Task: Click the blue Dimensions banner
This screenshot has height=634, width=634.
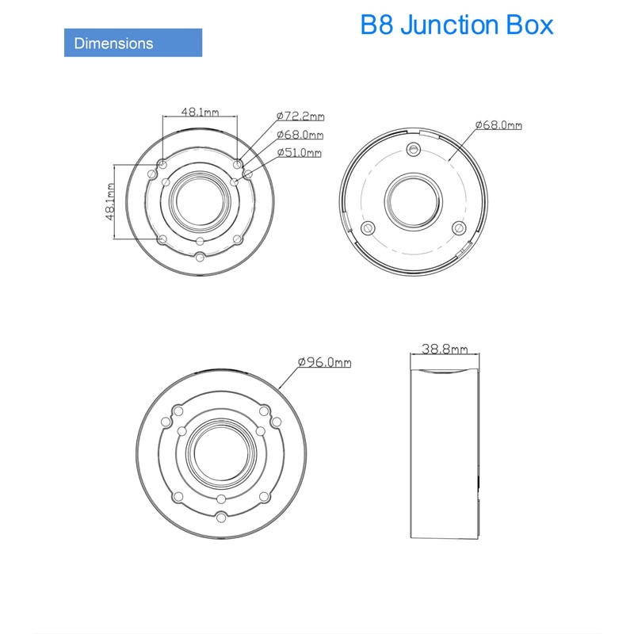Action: [132, 42]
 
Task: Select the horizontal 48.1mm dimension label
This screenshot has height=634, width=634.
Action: [200, 113]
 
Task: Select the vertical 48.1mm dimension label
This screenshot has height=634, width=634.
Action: [110, 202]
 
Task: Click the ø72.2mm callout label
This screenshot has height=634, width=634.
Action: [300, 116]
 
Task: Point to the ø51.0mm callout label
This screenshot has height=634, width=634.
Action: [300, 153]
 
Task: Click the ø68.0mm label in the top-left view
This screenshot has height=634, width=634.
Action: [300, 135]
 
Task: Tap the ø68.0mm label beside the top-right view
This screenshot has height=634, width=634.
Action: [498, 124]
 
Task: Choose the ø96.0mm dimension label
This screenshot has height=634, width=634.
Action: [325, 362]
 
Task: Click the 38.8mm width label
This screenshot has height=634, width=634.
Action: [445, 349]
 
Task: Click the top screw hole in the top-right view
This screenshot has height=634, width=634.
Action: [412, 150]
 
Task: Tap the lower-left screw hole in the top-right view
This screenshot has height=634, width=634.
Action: [367, 228]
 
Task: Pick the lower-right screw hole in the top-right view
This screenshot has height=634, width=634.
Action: [457, 228]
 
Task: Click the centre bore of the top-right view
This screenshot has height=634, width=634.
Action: [412, 202]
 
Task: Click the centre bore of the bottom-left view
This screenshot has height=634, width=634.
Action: [221, 451]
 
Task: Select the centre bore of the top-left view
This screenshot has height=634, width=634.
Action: [201, 201]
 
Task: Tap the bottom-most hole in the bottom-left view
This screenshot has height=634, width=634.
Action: [221, 518]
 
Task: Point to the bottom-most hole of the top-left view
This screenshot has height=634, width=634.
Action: [201, 257]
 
